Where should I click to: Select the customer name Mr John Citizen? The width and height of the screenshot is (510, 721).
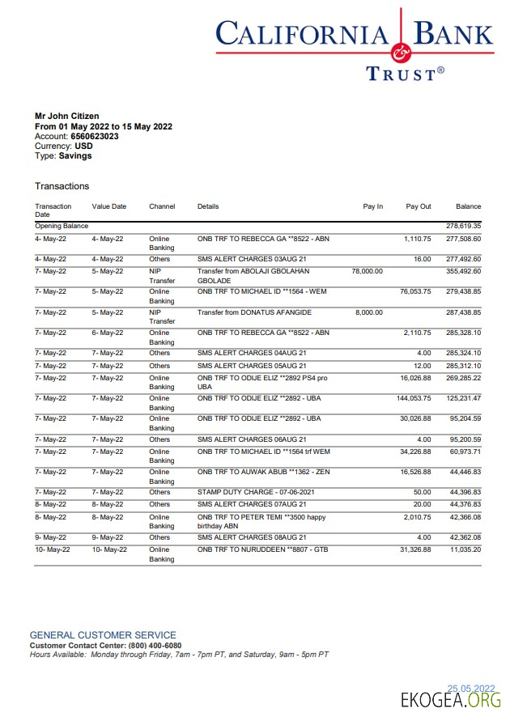click(x=67, y=117)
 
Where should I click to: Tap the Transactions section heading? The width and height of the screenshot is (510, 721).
click(x=62, y=186)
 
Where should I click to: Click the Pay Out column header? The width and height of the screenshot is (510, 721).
click(x=419, y=206)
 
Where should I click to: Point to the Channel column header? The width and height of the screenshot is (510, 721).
click(x=162, y=206)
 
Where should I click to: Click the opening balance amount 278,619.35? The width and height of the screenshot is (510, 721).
click(x=464, y=226)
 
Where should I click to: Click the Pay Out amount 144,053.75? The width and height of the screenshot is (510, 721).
click(x=414, y=398)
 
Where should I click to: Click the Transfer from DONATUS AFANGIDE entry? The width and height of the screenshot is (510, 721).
click(x=254, y=312)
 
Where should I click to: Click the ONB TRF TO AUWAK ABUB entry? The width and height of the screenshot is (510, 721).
click(x=263, y=472)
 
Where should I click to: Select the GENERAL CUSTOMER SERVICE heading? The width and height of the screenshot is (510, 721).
click(x=103, y=635)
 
